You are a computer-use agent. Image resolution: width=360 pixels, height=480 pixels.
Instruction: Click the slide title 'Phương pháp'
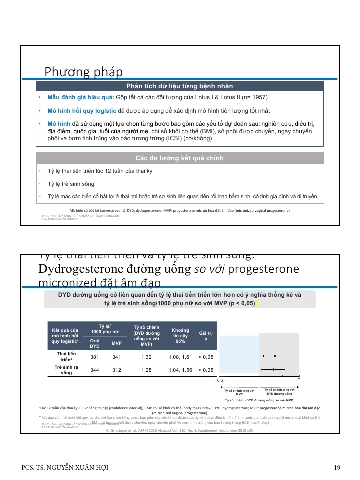pos(84,72)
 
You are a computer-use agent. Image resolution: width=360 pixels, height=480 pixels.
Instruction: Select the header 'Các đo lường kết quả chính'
pos(179,158)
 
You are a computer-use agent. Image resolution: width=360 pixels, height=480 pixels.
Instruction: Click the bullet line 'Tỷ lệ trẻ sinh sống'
pos(71,184)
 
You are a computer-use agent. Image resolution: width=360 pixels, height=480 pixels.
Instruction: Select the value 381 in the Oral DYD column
pos(94,357)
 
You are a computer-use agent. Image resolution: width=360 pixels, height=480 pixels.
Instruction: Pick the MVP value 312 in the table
pos(117,370)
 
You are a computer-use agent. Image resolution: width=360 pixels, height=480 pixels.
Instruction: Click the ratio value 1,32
pos(146,357)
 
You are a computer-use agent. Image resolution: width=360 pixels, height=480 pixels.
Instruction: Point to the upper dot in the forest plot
pos(275,356)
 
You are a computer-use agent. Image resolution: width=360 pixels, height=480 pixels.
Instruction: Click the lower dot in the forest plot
pos(273,370)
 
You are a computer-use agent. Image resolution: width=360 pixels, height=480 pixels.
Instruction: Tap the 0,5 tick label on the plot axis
pos(220,381)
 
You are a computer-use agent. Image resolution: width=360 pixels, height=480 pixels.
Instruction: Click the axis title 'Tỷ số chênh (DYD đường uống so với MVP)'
pos(259,401)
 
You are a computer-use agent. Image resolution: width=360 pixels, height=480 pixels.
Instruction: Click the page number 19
pos(337,468)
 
